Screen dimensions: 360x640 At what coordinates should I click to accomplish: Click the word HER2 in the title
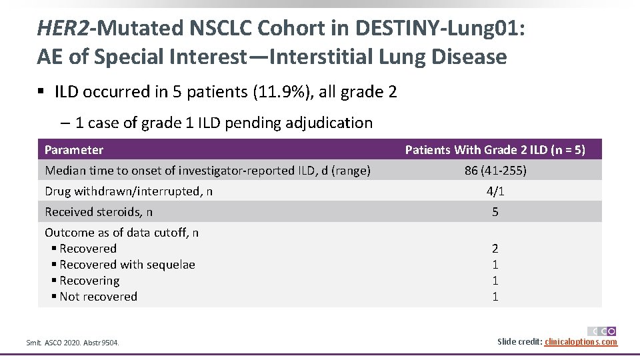click(x=65, y=28)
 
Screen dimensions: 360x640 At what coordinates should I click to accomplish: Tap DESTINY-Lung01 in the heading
click(x=433, y=28)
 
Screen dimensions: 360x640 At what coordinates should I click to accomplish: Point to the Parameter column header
click(x=74, y=150)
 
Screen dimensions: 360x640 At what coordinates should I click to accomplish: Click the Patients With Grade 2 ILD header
click(x=495, y=150)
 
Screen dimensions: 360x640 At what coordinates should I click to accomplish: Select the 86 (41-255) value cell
click(x=495, y=171)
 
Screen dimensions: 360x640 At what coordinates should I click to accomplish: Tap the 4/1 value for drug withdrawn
click(x=495, y=191)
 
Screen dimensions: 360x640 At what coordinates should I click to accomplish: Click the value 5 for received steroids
click(x=495, y=212)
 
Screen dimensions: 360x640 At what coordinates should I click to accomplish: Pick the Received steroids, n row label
click(x=99, y=212)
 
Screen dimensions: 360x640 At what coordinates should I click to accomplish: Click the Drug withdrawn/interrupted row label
click(x=129, y=191)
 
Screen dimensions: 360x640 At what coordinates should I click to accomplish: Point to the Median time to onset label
click(x=207, y=171)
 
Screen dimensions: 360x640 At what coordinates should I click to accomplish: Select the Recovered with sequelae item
click(x=127, y=265)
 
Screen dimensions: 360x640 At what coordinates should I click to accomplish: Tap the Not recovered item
click(x=98, y=297)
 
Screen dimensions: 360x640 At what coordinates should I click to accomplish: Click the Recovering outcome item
click(x=89, y=281)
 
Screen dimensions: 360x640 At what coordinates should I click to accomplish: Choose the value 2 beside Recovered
click(x=495, y=249)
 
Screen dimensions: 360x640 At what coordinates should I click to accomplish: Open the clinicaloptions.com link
click(x=581, y=342)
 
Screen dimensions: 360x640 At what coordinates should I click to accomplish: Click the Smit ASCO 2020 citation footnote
click(x=73, y=343)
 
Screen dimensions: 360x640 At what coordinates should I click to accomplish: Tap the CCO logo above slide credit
click(x=602, y=331)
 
